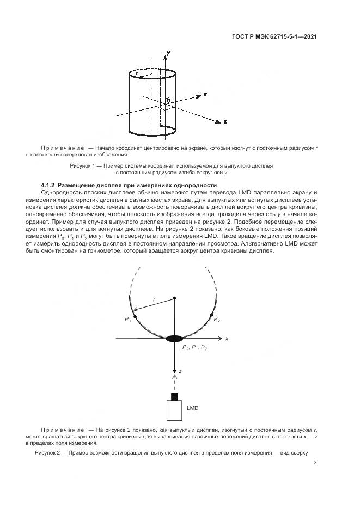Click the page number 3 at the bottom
315,463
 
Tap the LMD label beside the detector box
192,407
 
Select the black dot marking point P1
135,316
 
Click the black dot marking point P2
211,316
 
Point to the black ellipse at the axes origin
174,339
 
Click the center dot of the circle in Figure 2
174,298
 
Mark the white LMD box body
174,410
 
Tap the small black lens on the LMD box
174,396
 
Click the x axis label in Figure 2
226,339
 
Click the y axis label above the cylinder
168,52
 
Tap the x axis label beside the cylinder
205,94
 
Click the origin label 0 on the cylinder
169,101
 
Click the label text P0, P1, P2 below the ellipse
195,347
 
